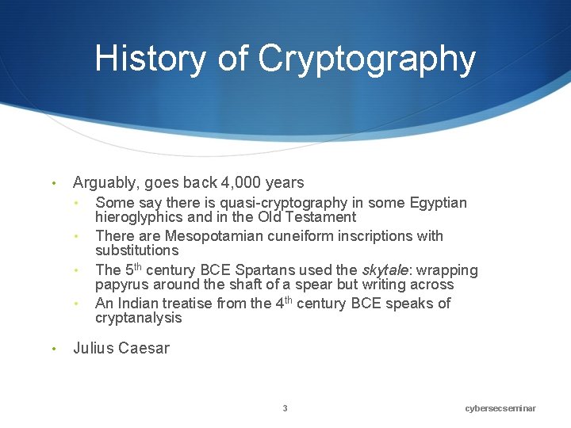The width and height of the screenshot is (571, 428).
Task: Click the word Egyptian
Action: coord(438,203)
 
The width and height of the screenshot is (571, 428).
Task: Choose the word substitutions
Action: coord(136,250)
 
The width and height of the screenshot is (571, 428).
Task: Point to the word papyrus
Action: coord(121,285)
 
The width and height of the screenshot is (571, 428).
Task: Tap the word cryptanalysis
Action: coord(138,318)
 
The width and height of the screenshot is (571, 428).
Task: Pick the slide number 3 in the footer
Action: coord(285,408)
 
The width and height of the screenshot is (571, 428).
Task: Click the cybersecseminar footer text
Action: coord(500,408)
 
